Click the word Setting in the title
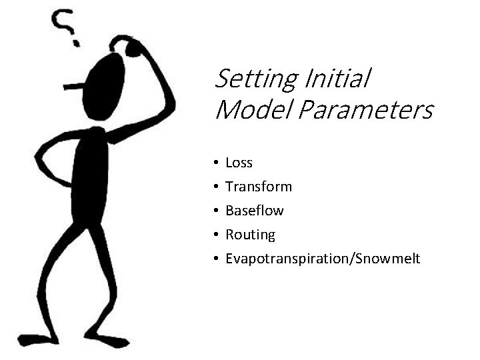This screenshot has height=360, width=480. point(256,80)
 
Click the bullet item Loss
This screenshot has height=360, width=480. point(239,163)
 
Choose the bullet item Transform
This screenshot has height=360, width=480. point(259,187)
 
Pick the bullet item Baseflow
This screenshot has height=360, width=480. point(255,211)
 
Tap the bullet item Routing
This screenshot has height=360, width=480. point(250,235)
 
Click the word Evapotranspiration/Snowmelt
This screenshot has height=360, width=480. point(323,259)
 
